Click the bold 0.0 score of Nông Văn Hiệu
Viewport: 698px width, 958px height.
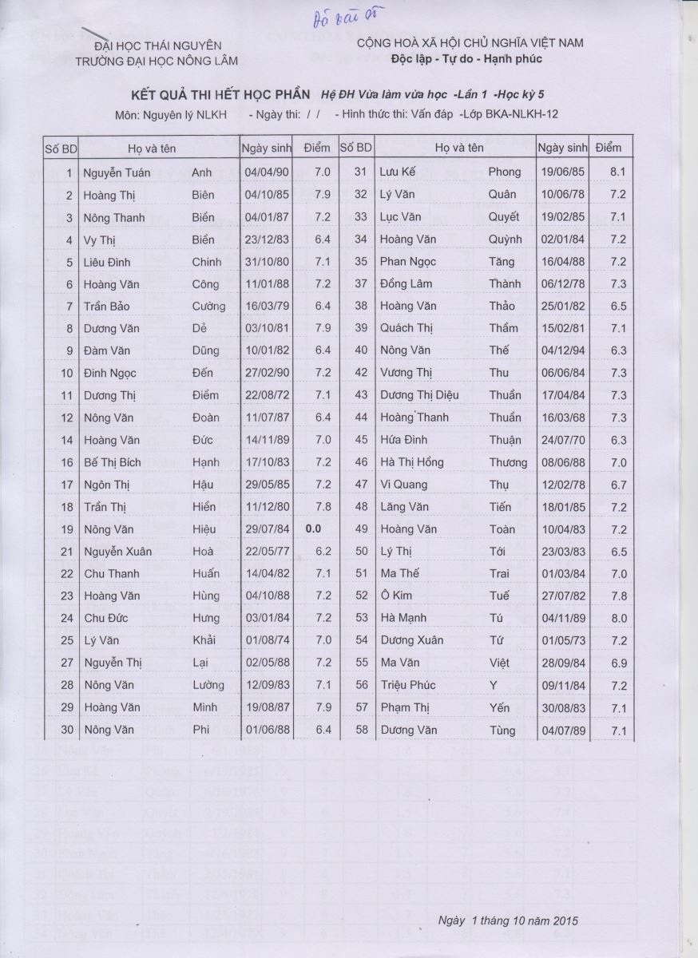click(312, 529)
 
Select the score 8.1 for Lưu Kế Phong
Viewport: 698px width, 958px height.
click(617, 172)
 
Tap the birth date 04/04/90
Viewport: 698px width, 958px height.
click(261, 172)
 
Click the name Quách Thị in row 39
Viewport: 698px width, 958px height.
click(407, 328)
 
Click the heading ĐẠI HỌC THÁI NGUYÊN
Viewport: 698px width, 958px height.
click(157, 46)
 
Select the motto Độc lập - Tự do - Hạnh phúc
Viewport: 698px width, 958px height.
click(467, 58)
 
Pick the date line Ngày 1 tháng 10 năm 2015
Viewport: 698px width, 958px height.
click(508, 920)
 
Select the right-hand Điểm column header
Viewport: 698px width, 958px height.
click(608, 148)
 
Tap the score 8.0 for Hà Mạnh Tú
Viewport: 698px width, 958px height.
click(618, 619)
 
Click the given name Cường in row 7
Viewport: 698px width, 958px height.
click(208, 307)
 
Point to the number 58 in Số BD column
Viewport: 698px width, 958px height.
click(361, 730)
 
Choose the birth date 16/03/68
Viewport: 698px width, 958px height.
click(563, 418)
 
